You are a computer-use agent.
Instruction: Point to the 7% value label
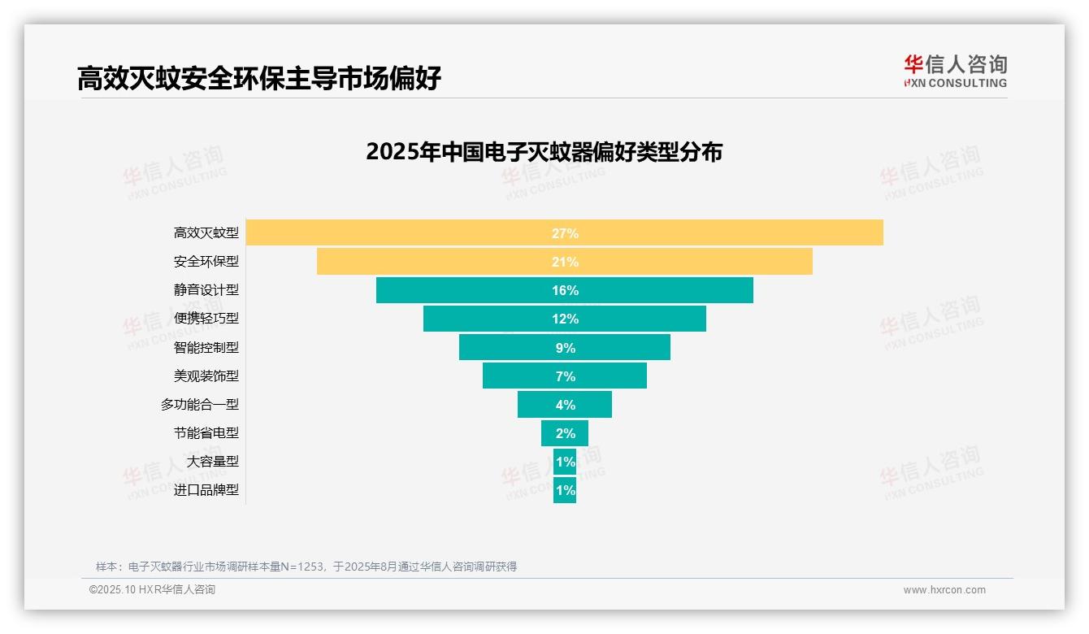[x=565, y=376]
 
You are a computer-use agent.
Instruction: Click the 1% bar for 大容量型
[x=565, y=462]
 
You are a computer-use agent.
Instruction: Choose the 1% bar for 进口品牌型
[x=565, y=490]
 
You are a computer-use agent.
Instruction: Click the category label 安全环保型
[x=206, y=262]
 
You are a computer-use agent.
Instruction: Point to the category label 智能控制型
[x=206, y=347]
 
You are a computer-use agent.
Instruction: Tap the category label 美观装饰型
[x=206, y=376]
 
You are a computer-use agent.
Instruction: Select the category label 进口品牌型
[x=206, y=490]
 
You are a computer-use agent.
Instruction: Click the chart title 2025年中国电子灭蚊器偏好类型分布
[x=544, y=152]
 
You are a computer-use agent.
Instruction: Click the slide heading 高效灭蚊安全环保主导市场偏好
[x=259, y=79]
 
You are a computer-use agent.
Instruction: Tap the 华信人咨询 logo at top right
[x=955, y=71]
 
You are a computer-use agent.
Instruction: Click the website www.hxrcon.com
[x=944, y=590]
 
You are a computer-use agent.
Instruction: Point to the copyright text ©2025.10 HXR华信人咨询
[x=152, y=590]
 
